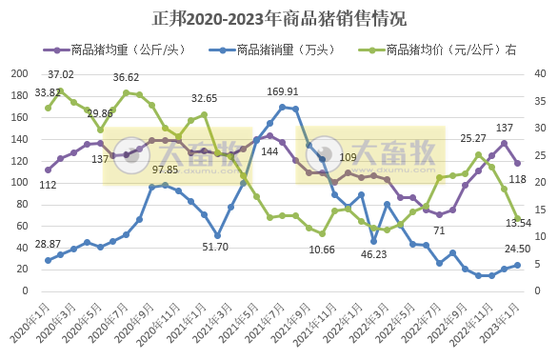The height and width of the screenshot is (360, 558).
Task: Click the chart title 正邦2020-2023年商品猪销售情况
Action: [279, 18]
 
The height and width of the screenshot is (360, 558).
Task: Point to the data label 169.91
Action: [283, 92]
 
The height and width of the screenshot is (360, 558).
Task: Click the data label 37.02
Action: [61, 74]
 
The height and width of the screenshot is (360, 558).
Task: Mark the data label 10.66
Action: [323, 250]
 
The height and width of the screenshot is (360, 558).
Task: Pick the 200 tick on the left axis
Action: [19, 73]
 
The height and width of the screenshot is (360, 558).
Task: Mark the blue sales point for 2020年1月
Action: [48, 260]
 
